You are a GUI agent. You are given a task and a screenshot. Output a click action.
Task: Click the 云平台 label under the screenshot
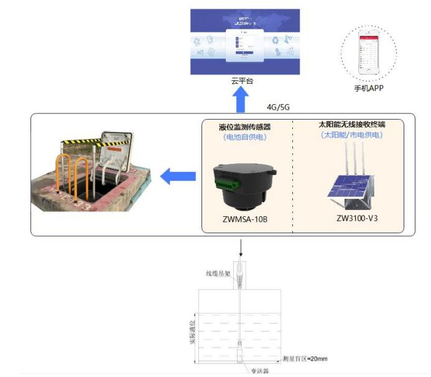tap(242, 81)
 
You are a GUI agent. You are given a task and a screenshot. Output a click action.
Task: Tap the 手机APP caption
tap(368, 88)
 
